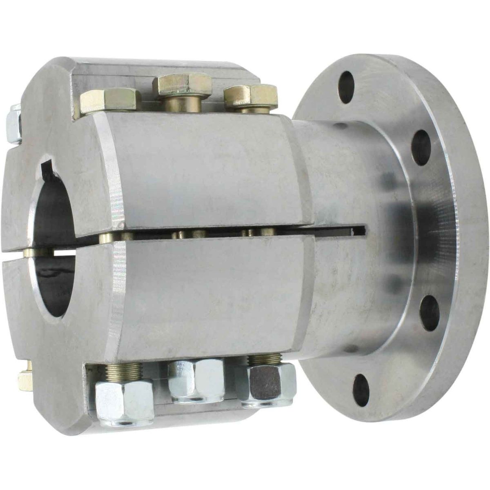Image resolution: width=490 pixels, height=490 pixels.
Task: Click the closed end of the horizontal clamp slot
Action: [x=363, y=231]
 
